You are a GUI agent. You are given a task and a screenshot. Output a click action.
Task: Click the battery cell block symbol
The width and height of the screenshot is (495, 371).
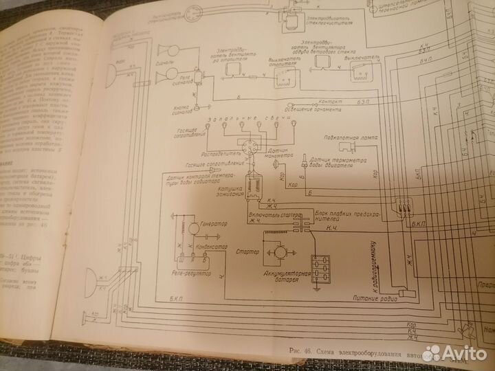click(320, 266)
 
